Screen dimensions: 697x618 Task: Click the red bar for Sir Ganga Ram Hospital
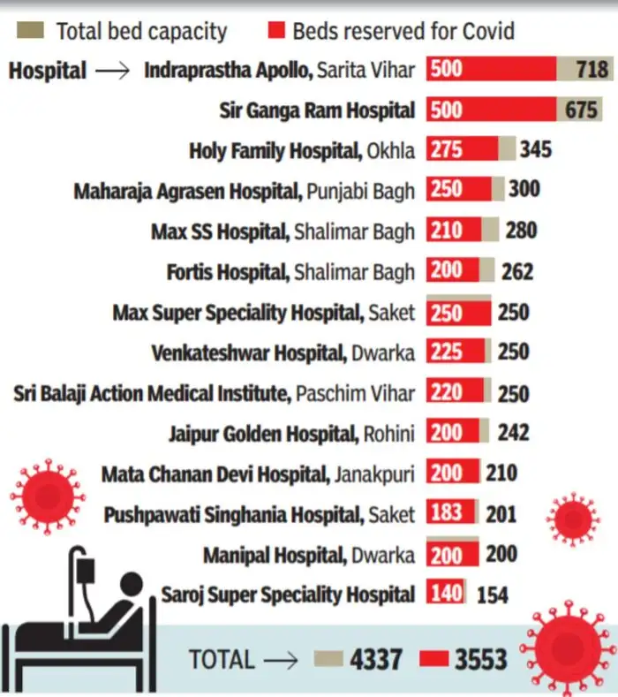pos(491,110)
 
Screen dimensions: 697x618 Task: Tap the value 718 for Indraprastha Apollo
pos(592,69)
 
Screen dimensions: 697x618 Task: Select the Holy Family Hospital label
pos(301,151)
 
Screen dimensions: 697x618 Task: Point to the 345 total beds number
pos(536,148)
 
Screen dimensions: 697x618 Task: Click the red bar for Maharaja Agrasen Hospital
pos(458,189)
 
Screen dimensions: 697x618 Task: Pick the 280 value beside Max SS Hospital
pos(521,231)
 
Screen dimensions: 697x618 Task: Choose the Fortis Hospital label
pos(290,272)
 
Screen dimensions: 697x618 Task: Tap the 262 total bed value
pos(516,270)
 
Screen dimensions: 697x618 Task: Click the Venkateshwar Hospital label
pos(283,353)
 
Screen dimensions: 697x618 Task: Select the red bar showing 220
pos(455,393)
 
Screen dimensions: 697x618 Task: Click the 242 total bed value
pos(512,432)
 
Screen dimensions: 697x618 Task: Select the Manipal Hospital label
pos(308,556)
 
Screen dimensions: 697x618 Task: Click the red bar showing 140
pos(447,594)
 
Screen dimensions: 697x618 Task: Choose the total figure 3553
pos(480,660)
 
